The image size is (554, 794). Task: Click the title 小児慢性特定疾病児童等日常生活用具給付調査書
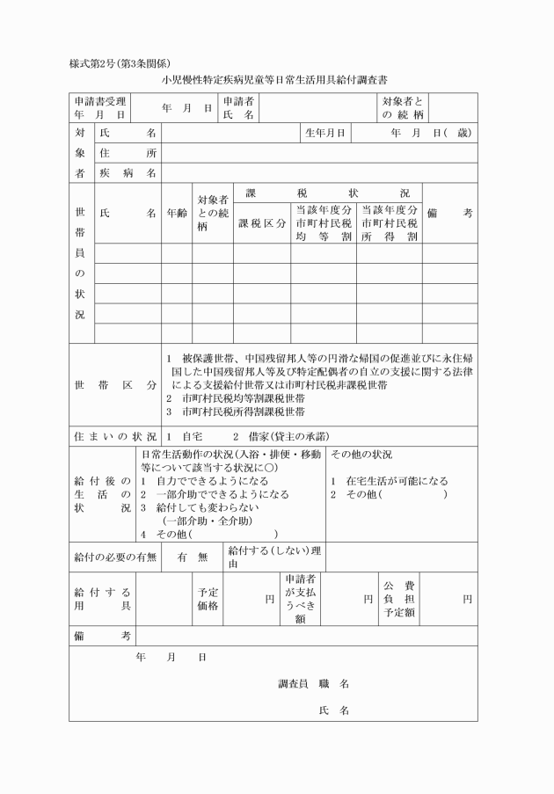click(x=273, y=80)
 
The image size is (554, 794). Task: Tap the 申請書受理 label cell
click(x=100, y=108)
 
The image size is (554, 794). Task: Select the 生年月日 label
click(x=325, y=133)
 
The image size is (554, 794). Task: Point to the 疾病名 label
click(x=128, y=173)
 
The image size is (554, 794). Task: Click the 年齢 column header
click(x=176, y=214)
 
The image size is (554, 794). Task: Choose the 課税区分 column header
click(x=263, y=223)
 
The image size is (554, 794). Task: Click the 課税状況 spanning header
click(x=327, y=193)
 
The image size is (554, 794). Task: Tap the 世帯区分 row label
click(x=115, y=385)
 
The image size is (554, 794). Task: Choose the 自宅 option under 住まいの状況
click(x=184, y=436)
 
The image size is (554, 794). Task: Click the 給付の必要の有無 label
click(x=115, y=557)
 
